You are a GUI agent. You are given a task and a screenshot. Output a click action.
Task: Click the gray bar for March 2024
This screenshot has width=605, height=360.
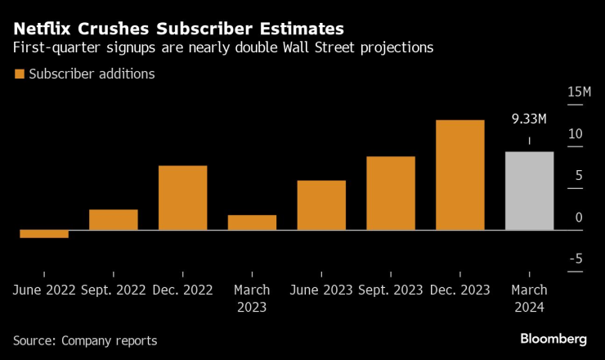tap(529, 191)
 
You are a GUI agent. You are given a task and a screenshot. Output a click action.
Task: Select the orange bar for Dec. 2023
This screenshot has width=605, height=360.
tap(459, 175)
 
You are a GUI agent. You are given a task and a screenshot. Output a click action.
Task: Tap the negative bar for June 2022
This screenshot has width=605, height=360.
tap(44, 234)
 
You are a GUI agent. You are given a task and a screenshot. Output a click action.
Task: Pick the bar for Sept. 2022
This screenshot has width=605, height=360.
tap(113, 220)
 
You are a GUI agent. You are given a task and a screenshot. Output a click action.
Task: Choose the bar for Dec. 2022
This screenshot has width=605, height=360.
tap(182, 198)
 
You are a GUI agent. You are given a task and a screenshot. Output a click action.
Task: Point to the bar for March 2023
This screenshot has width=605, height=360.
tap(252, 223)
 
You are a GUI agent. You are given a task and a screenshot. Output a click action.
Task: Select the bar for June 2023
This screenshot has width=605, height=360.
tap(321, 205)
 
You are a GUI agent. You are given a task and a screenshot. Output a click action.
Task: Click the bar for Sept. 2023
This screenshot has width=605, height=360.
tap(390, 193)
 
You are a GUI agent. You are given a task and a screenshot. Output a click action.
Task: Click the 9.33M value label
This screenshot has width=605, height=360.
tap(529, 119)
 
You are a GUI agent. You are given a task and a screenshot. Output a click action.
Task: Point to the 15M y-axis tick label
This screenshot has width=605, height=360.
tap(579, 92)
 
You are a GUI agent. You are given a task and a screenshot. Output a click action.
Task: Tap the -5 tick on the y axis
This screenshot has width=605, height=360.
tap(576, 259)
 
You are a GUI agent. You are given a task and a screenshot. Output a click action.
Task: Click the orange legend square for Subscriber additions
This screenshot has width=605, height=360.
tap(19, 74)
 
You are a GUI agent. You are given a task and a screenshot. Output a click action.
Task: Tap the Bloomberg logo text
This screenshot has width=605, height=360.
tap(553, 339)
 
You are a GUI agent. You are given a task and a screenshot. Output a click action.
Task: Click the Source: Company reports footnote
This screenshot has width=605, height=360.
tap(85, 340)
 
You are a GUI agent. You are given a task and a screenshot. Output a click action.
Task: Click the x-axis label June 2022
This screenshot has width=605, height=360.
tap(44, 290)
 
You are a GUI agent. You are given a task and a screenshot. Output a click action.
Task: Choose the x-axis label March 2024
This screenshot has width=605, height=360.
tap(529, 299)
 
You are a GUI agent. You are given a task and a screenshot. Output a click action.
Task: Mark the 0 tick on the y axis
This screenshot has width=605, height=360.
tap(579, 217)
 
